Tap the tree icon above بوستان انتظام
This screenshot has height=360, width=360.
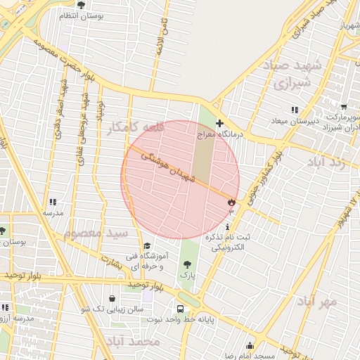pos(80,5)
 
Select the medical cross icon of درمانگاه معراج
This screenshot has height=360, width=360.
pos(219,123)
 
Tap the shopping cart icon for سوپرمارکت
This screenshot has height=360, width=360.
pos(344,108)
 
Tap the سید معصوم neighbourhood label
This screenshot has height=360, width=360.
pos(96,232)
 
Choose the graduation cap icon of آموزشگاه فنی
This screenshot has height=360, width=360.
pos(147,245)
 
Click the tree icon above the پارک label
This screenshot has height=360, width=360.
pos(187,264)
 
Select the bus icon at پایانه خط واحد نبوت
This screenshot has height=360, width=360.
pos(181,308)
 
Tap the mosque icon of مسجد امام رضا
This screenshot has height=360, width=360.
pos(250,345)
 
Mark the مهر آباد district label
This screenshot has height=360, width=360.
pos(317,301)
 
